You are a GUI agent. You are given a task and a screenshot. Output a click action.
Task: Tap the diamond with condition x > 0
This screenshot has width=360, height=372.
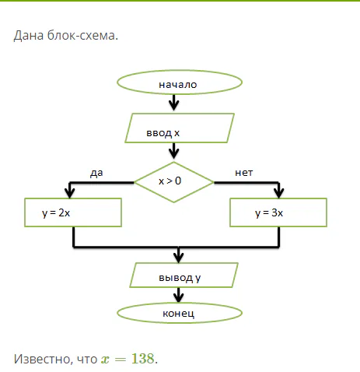[x=173, y=181]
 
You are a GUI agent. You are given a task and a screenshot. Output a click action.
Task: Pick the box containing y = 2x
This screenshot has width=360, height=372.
[x=72, y=212]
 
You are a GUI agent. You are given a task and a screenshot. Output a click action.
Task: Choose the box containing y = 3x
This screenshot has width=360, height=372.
[x=278, y=212]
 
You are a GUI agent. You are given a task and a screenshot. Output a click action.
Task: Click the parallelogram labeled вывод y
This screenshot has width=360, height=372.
[x=183, y=275]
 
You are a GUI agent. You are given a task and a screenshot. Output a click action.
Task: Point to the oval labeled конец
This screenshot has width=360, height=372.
[x=178, y=312]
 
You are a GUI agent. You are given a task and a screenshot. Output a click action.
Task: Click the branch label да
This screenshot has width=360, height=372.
[x=96, y=173]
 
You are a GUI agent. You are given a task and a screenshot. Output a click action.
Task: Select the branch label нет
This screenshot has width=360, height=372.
[x=244, y=173]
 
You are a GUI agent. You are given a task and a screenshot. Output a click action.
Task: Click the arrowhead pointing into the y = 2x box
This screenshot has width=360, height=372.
[x=71, y=192]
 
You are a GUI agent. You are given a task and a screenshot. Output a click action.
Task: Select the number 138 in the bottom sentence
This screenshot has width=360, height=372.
[x=142, y=359]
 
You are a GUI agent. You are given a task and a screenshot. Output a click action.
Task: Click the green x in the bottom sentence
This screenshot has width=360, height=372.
[x=105, y=360]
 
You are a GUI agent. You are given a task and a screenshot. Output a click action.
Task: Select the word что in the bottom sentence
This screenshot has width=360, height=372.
[x=86, y=359]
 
